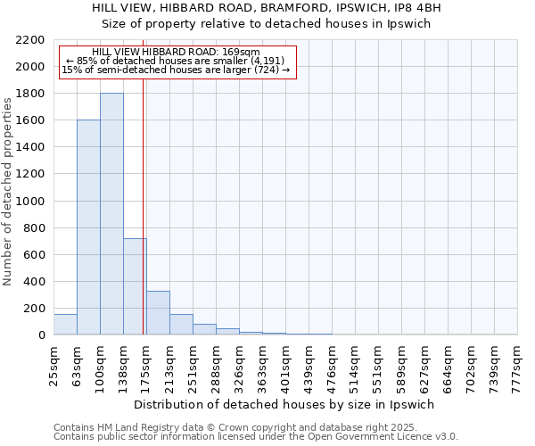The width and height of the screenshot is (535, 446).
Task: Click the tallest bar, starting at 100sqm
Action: [x=111, y=214]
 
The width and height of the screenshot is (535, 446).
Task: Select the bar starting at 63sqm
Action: [x=88, y=227]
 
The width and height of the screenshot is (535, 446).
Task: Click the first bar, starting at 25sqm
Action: [x=65, y=325]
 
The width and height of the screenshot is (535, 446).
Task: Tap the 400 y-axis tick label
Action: [x=34, y=282]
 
